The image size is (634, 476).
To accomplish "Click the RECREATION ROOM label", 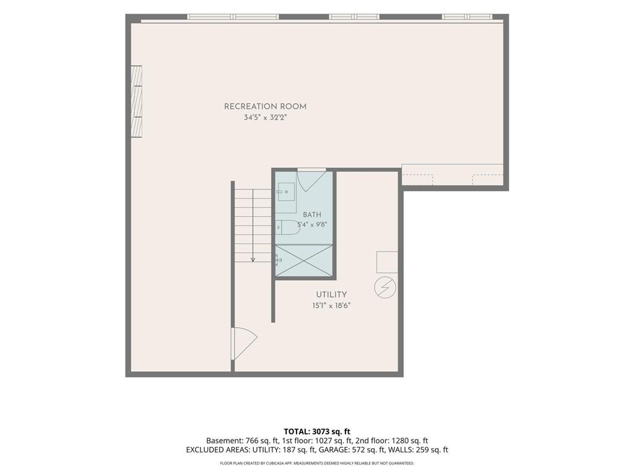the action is tap(265, 107).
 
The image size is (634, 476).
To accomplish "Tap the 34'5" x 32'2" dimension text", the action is tap(265, 118).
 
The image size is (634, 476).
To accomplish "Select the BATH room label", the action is tap(312, 214).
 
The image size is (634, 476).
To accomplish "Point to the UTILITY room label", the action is tap(331, 294).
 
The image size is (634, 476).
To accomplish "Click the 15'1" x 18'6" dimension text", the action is tap(331, 306).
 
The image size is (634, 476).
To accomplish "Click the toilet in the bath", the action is tap(288, 227).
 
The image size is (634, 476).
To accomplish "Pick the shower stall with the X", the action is tap(304, 261).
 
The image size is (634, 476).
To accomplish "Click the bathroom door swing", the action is tap(311, 180).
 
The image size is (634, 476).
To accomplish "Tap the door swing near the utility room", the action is tap(244, 343).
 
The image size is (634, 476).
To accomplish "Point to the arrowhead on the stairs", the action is tap(253, 259).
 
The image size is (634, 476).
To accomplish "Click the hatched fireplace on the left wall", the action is tap(137, 102).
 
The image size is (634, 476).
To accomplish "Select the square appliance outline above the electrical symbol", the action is tap(388, 262).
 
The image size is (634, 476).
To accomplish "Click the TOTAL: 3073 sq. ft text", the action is tap(317, 431).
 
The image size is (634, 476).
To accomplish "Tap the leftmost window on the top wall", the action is tap(233, 17).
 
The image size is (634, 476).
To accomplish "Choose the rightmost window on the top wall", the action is tap(467, 17).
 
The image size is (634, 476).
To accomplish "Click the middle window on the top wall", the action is tap(354, 17).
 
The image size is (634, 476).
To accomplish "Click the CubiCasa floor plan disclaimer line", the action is tap(317, 463).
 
